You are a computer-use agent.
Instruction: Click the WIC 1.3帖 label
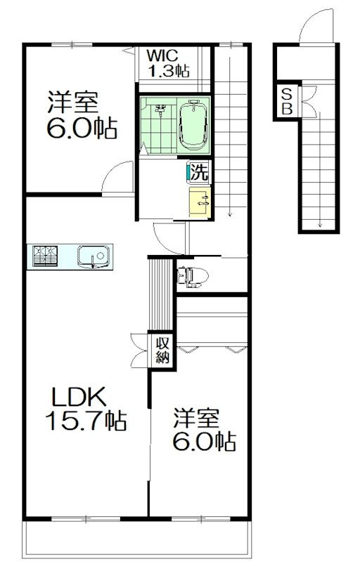pyautogui.click(x=168, y=63)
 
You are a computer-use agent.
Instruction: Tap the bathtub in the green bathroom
pyautogui.click(x=193, y=126)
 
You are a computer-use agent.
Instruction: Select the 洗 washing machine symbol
pyautogui.click(x=199, y=172)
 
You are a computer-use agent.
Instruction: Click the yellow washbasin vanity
pyautogui.click(x=200, y=202)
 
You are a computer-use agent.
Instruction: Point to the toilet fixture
pyautogui.click(x=193, y=276)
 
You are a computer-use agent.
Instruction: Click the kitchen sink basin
pyautogui.click(x=94, y=256)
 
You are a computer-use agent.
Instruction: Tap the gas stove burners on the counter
pyautogui.click(x=45, y=256)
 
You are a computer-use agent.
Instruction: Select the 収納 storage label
pyautogui.click(x=162, y=351)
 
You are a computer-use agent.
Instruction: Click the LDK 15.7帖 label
pyautogui.click(x=86, y=408)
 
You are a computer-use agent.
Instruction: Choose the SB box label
pyautogui.click(x=287, y=101)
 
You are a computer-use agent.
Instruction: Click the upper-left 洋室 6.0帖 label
pyautogui.click(x=82, y=115)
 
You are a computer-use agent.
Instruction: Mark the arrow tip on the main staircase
pyautogui.click(x=230, y=216)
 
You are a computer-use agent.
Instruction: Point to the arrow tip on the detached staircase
pyautogui.click(x=320, y=226)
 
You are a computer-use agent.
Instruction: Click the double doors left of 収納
pyautogui.click(x=140, y=350)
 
